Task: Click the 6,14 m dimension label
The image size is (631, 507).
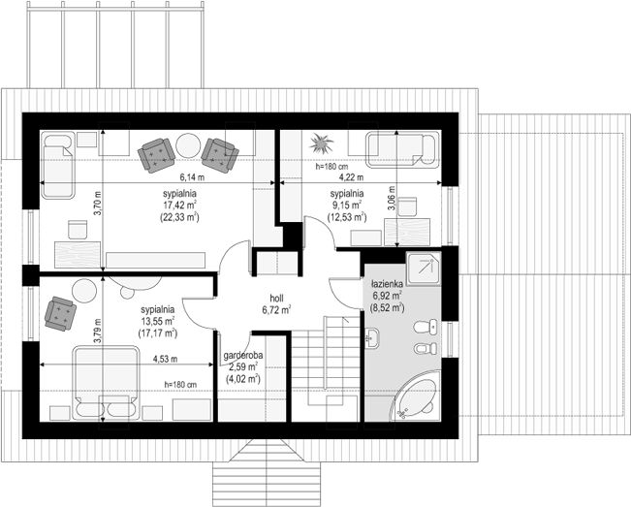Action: (x=192, y=176)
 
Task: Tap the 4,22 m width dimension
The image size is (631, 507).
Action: (x=351, y=177)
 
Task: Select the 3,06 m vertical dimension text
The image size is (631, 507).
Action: (x=392, y=198)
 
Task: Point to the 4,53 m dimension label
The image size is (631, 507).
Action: (x=165, y=359)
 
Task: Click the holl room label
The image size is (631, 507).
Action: (x=276, y=299)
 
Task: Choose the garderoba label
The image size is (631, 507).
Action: (x=243, y=356)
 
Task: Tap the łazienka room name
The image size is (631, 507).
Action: (x=387, y=284)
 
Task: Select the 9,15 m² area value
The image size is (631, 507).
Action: (x=345, y=206)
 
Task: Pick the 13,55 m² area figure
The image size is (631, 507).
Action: (x=157, y=321)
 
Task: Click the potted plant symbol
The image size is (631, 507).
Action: (x=321, y=143)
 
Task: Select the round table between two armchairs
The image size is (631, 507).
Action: (x=188, y=145)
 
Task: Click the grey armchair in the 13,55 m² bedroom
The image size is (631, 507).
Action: (x=61, y=314)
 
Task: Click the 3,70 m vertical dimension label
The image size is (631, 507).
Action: (x=98, y=204)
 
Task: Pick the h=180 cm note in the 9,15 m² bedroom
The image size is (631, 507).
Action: (x=332, y=166)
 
